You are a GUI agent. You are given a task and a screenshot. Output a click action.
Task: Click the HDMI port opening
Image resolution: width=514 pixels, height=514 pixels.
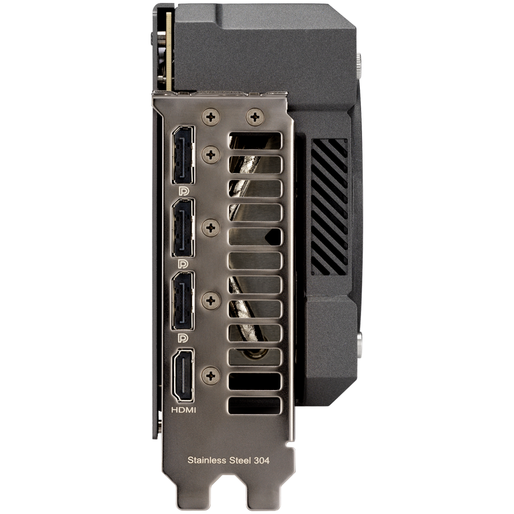click(x=183, y=376)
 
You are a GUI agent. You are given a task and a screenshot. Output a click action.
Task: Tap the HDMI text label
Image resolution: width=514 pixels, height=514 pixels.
click(x=183, y=409)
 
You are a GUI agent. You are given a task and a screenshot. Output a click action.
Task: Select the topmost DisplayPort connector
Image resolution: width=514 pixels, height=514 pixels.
click(x=183, y=155)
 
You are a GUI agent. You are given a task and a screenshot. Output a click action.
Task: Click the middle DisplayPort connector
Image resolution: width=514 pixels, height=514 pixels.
click(x=183, y=228)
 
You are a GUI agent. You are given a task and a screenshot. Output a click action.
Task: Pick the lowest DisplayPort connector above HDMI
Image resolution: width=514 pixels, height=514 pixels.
click(x=183, y=300)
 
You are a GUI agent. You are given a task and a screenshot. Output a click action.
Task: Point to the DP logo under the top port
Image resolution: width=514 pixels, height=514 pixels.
click(x=183, y=191)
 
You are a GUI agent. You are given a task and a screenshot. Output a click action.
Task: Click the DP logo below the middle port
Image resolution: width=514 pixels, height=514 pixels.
click(x=183, y=264)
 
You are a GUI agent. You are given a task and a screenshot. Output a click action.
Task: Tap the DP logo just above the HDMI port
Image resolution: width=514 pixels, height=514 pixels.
click(x=183, y=338)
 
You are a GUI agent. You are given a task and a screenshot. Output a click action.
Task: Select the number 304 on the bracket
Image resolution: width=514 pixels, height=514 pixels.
click(x=262, y=460)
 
